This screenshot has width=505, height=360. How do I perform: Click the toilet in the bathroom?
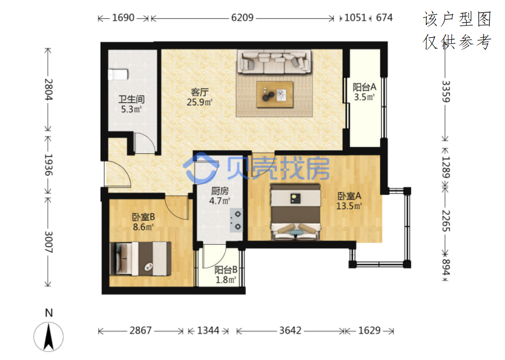click(x=118, y=75)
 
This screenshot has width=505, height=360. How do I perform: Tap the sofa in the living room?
click(x=274, y=62)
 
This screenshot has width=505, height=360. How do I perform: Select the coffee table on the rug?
click(x=275, y=94)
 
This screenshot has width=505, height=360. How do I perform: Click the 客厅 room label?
click(x=200, y=92)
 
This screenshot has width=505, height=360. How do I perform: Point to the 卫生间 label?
click(x=131, y=99)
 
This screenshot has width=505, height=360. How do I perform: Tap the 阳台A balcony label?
click(x=364, y=87)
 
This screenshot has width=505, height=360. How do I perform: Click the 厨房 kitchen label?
click(x=219, y=191)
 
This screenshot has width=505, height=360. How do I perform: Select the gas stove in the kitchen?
click(x=236, y=220)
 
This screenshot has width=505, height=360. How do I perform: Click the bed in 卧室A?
click(x=295, y=212)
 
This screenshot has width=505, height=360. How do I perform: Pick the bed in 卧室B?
click(x=141, y=259)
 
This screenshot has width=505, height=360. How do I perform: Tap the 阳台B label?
click(x=226, y=270)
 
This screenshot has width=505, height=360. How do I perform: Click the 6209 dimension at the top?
click(x=242, y=17)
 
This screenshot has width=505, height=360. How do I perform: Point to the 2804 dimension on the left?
click(x=49, y=89)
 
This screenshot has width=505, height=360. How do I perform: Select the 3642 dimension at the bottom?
click(x=290, y=330)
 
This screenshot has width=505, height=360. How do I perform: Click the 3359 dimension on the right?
click(x=446, y=92)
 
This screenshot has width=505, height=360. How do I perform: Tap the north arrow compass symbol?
click(x=49, y=336)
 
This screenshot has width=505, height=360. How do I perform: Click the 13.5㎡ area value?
click(x=349, y=206)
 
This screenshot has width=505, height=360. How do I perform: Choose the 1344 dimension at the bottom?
click(x=208, y=330)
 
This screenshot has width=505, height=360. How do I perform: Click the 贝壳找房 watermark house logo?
click(x=201, y=168)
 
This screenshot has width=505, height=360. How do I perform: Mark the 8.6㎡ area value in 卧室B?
click(x=143, y=227)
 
